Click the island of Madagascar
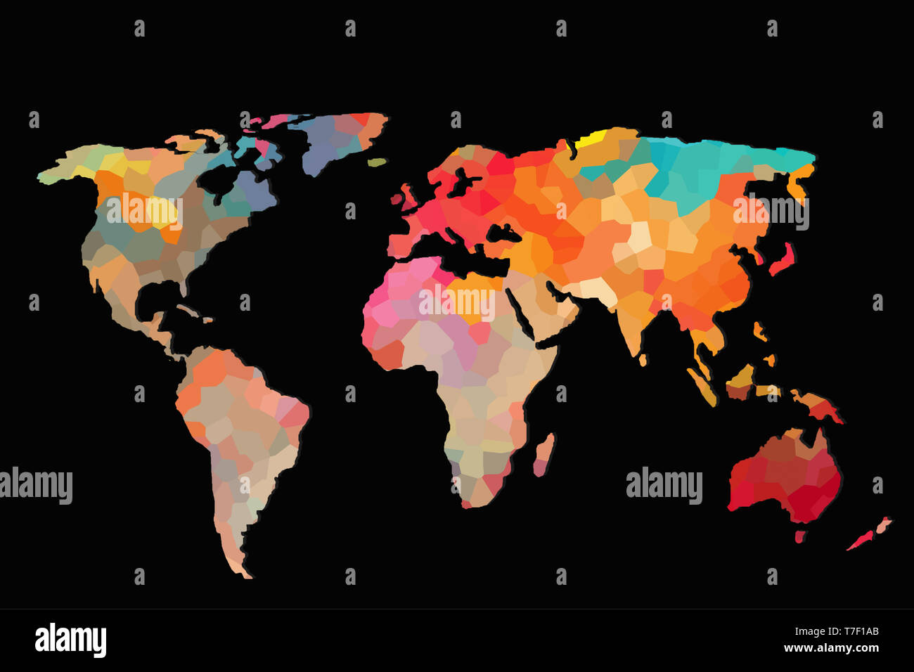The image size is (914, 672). (543, 453)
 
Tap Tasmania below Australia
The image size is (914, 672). (799, 536)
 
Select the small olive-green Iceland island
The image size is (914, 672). (378, 162)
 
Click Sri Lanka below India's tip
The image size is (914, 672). (643, 360)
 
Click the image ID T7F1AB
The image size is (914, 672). (856, 631)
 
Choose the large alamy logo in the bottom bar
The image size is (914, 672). (71, 640)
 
